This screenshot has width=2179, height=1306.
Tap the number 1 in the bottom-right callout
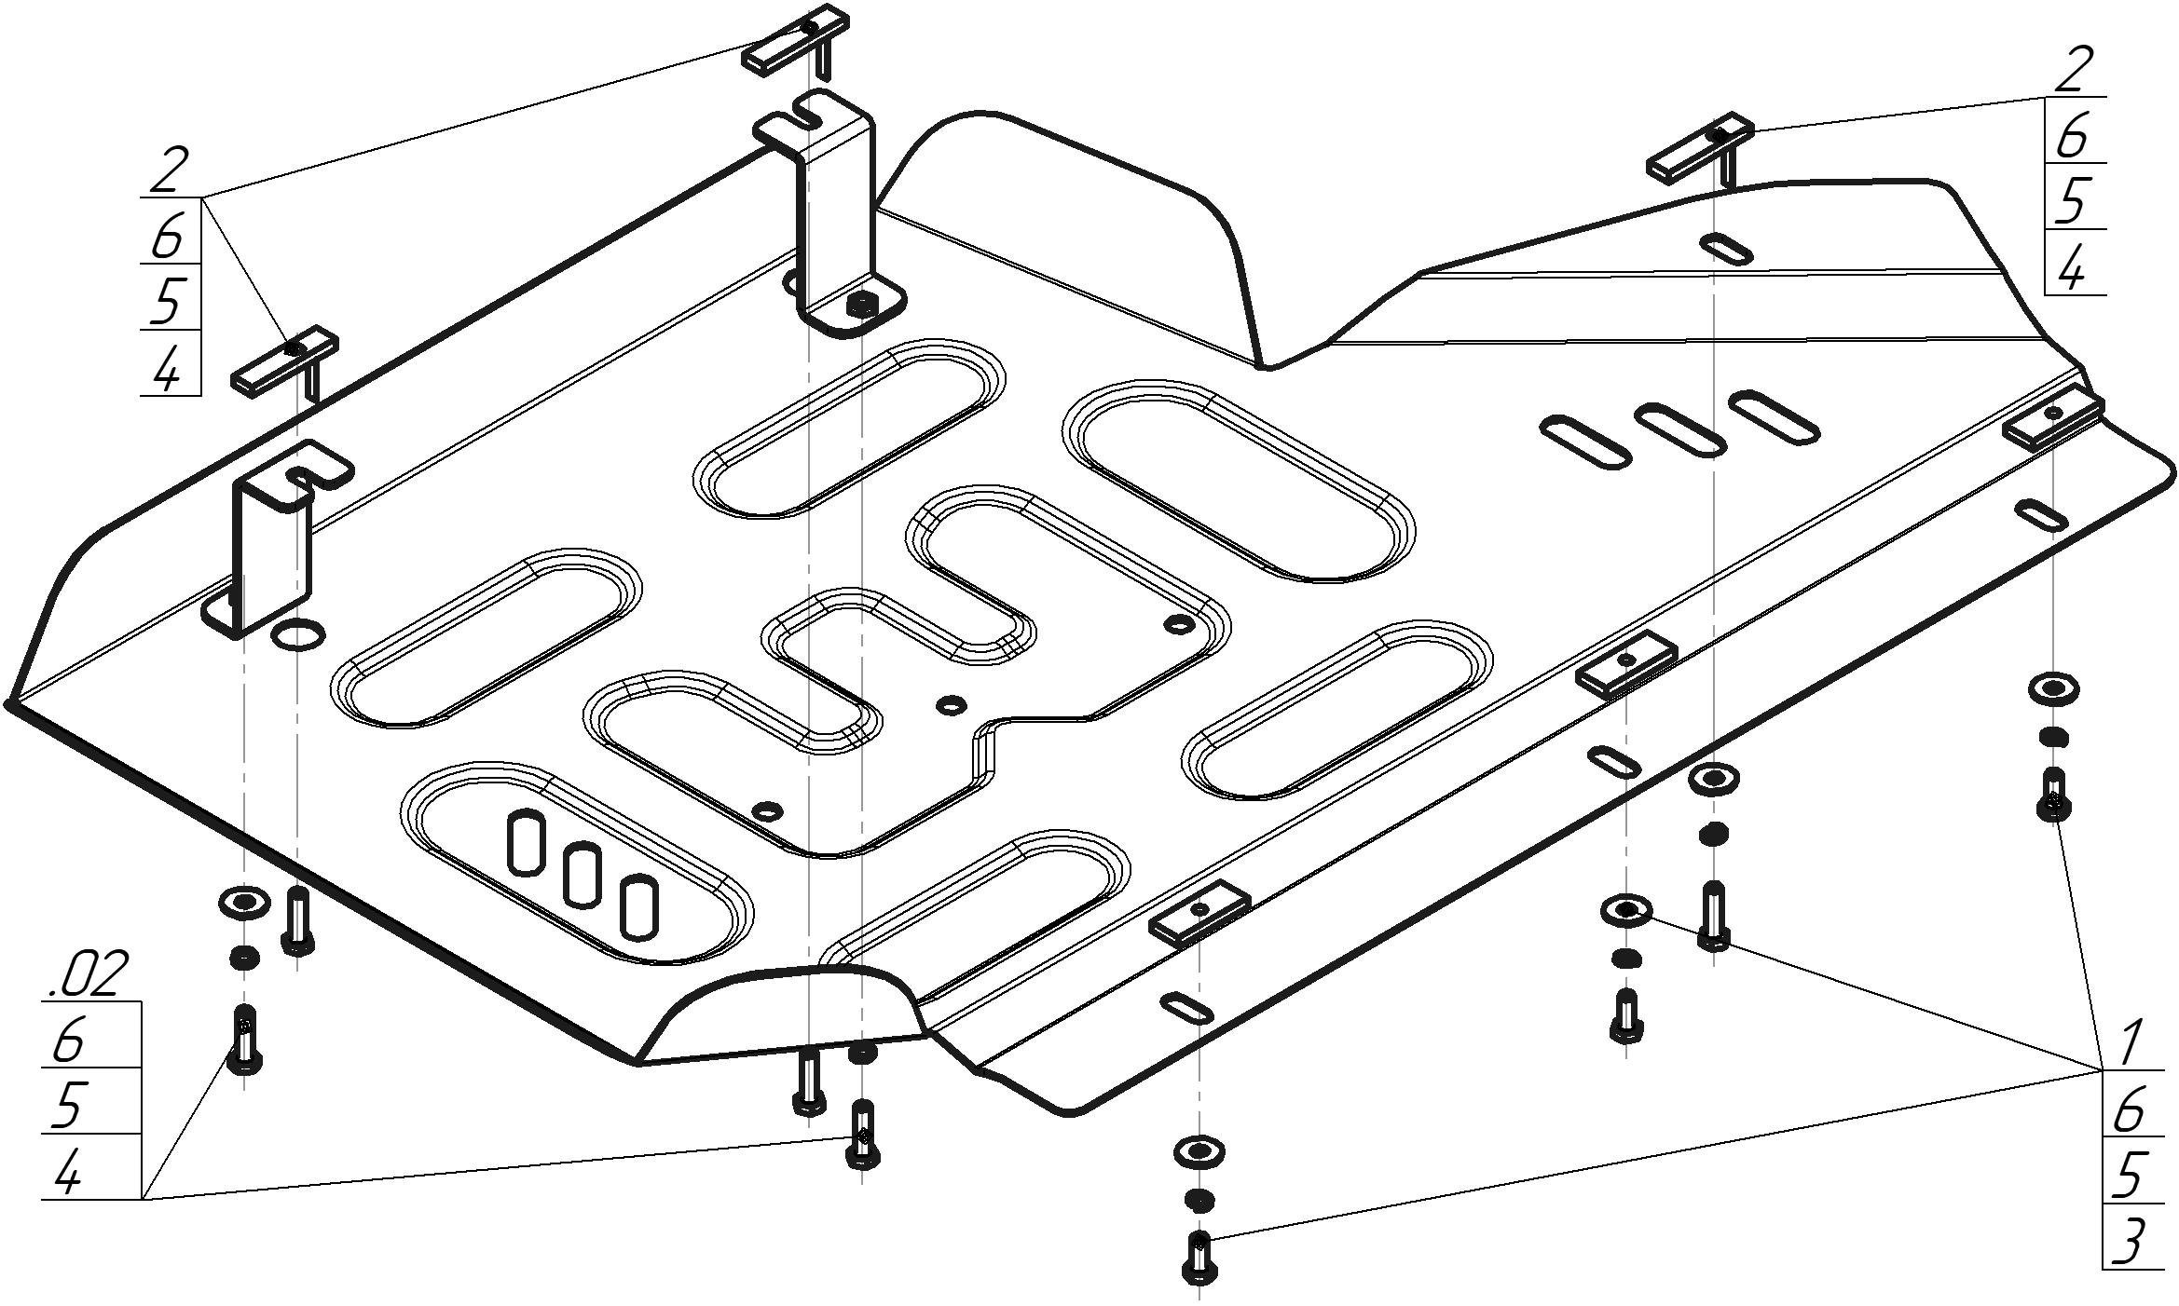point(2129,1043)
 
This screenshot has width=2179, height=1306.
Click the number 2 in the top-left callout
point(169,170)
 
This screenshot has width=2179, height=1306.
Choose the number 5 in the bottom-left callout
point(70,1105)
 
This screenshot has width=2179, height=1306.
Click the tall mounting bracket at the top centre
point(835,214)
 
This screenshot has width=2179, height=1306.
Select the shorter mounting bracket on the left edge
point(274,540)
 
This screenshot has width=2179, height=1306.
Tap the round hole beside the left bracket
point(297,635)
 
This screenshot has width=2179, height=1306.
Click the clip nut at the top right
point(1700,147)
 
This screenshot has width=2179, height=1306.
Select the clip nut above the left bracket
point(283,360)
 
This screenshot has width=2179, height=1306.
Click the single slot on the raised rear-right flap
point(1725,251)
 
